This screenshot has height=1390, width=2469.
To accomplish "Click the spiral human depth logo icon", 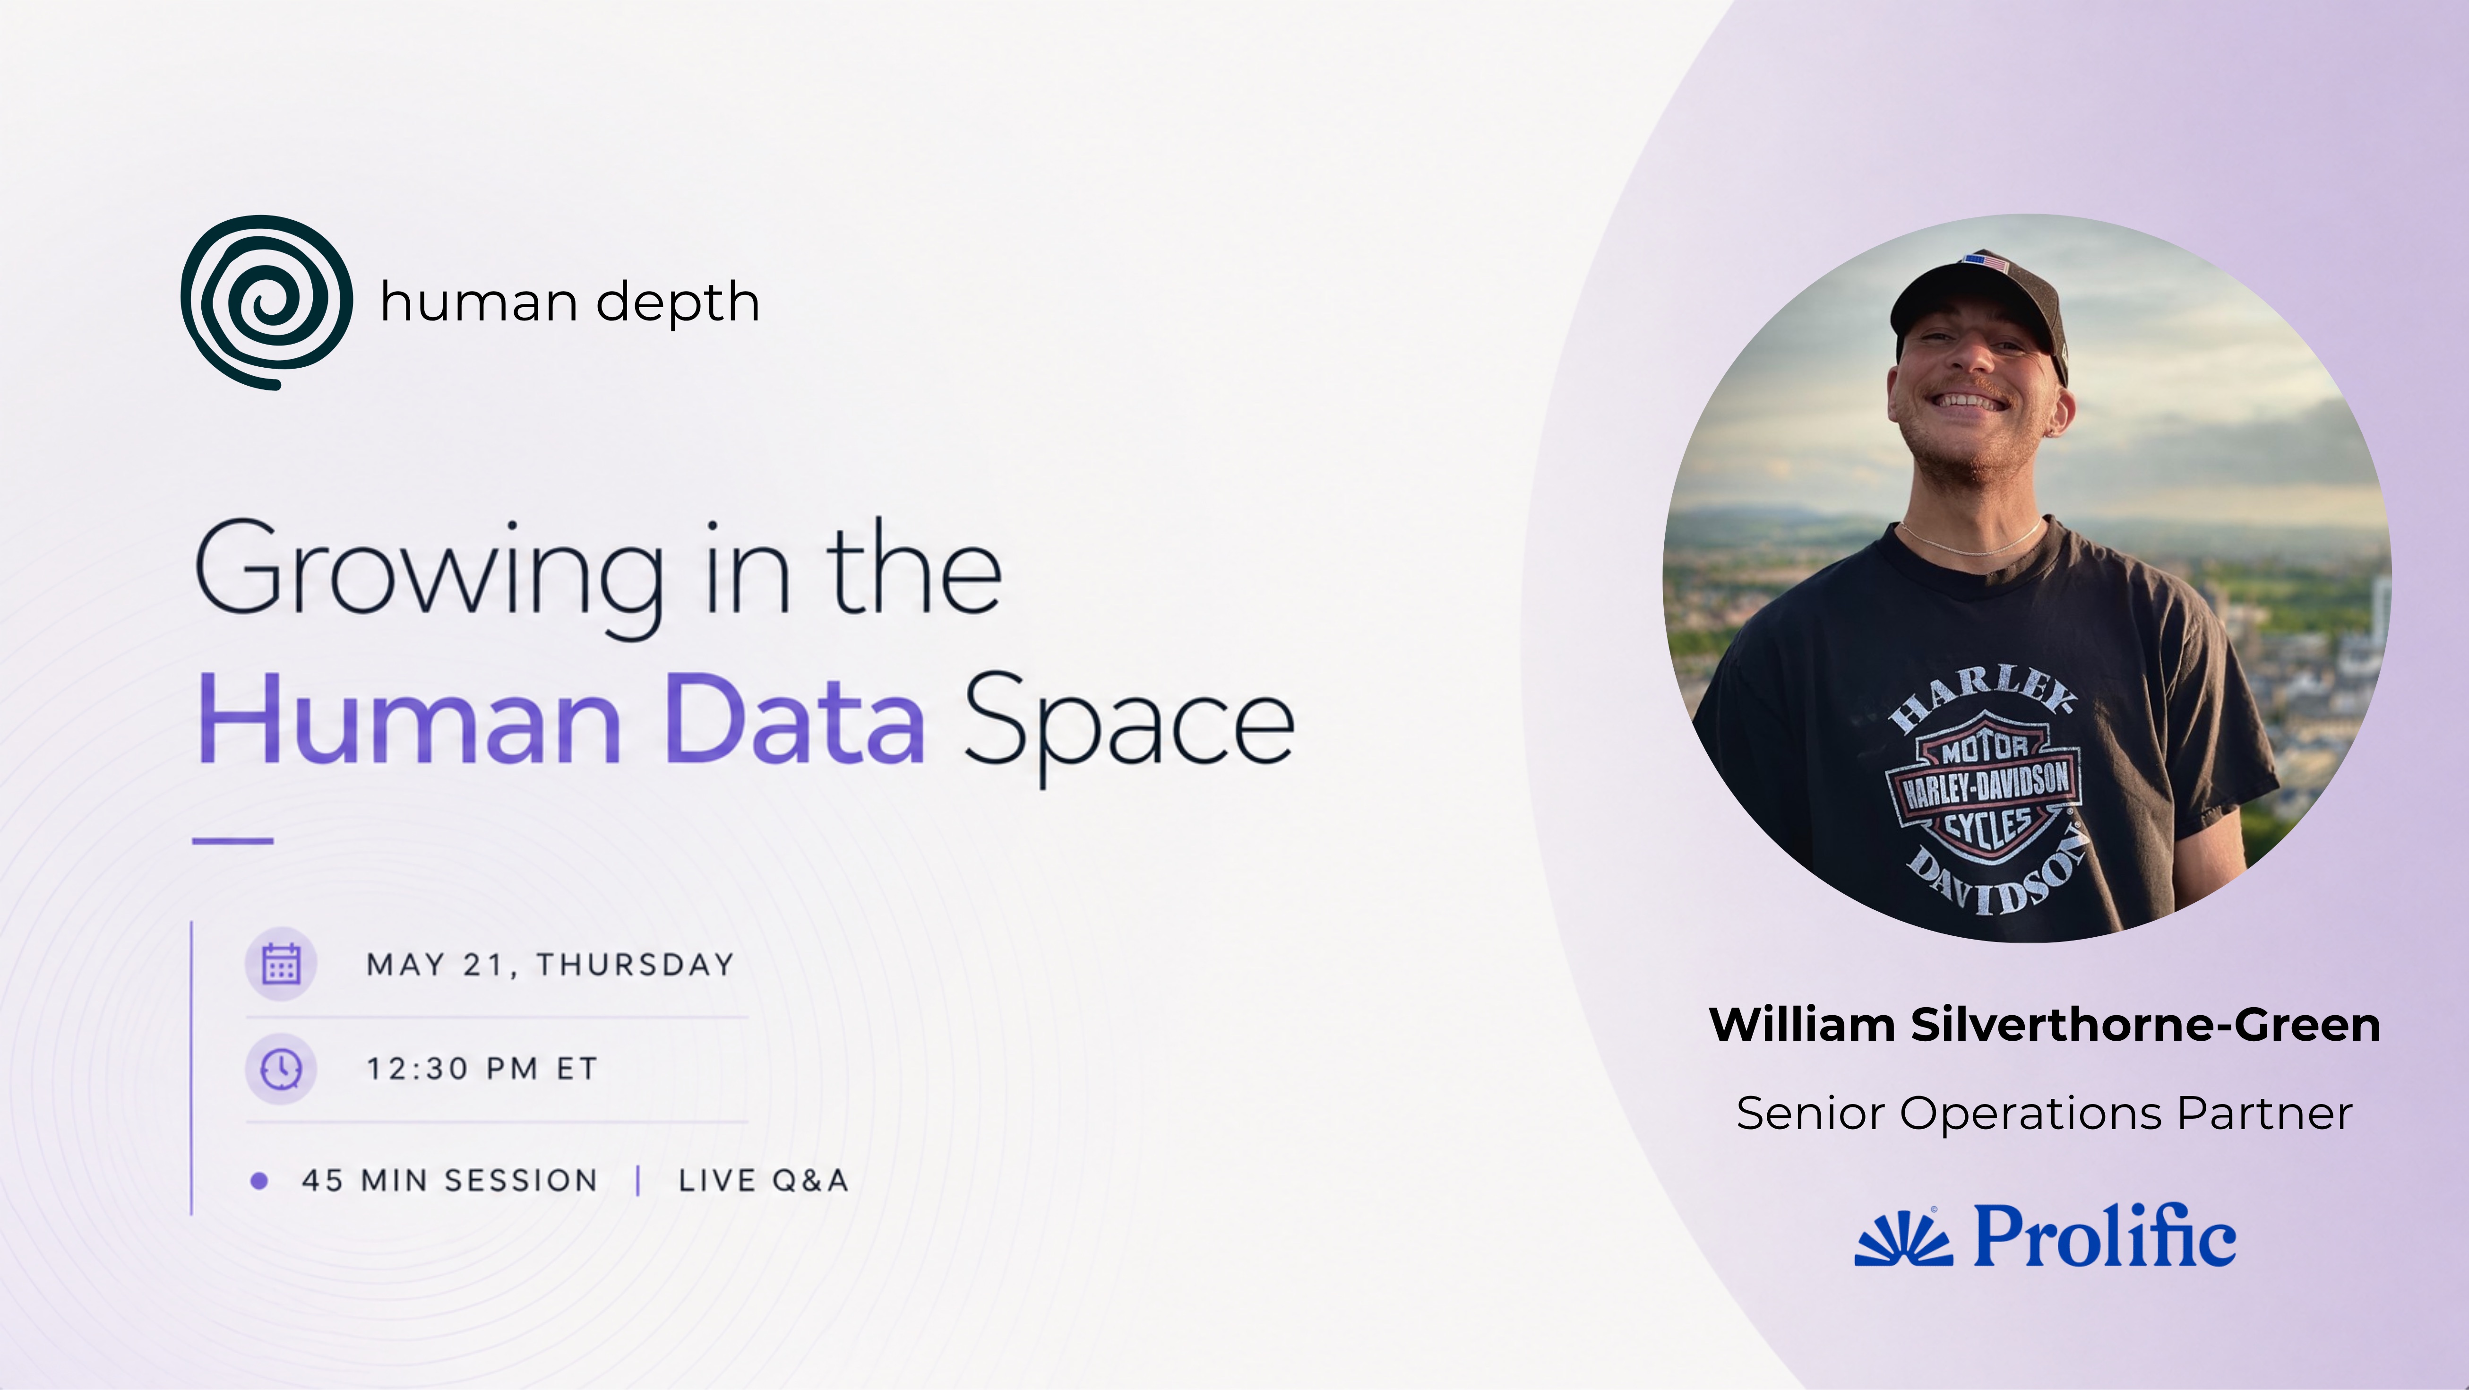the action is click(267, 302).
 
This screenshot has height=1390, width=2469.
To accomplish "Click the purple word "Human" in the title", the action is click(409, 719).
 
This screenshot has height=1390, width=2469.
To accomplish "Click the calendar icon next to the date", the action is click(281, 963).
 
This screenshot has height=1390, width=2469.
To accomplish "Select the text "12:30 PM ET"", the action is click(482, 1069).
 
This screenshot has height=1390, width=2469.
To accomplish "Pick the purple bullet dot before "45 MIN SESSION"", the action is click(259, 1181).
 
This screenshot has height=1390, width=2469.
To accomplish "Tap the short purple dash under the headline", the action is click(233, 841).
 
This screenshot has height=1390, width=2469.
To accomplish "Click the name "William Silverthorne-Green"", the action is click(2044, 1025).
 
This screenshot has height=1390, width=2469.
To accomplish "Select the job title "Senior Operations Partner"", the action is click(2044, 1113).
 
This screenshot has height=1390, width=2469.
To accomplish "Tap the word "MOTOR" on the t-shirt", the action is click(1983, 748).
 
